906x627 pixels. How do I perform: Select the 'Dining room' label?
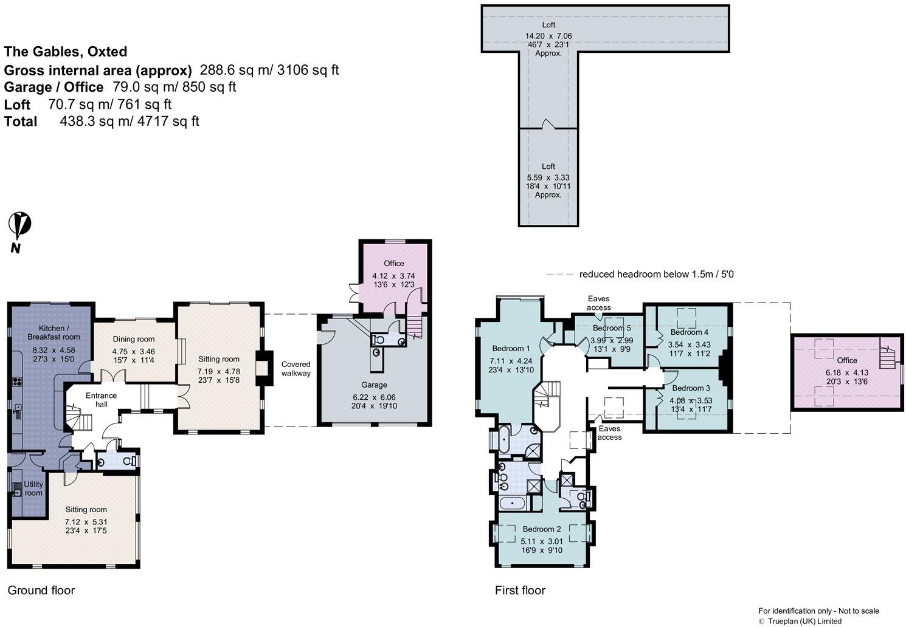coord(134,339)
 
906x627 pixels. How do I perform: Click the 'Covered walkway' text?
coord(296,369)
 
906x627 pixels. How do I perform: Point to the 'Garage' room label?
coord(374,385)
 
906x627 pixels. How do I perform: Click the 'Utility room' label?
coord(33,488)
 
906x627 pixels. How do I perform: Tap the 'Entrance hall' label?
coord(101,400)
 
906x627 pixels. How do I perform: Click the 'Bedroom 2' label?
coord(541,529)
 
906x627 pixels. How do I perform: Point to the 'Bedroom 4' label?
coord(689,332)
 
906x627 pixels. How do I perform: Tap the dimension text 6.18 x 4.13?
coord(847,372)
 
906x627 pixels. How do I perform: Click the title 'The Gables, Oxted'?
coord(66,52)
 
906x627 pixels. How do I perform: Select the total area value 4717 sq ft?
coord(170,121)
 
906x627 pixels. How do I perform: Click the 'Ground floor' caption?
coord(41,590)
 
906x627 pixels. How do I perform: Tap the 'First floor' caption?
coord(520,590)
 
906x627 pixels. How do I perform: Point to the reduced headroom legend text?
coord(656,274)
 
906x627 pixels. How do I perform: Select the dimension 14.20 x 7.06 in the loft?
coord(548,36)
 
